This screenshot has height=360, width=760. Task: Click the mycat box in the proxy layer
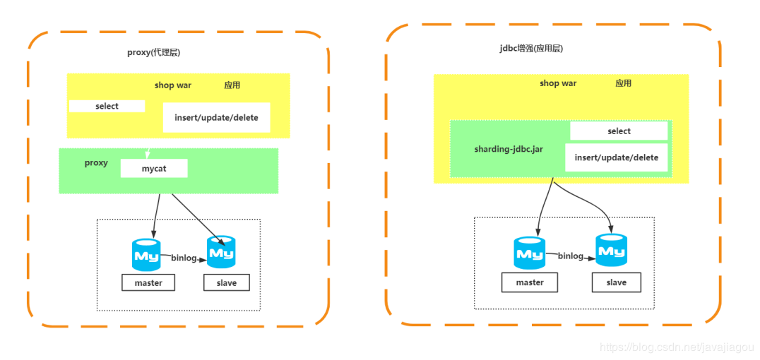pyautogui.click(x=154, y=168)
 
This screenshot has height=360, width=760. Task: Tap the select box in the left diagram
pyautogui.click(x=107, y=106)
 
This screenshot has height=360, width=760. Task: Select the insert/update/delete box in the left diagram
pyautogui.click(x=216, y=117)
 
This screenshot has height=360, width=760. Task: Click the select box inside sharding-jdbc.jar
pyautogui.click(x=619, y=131)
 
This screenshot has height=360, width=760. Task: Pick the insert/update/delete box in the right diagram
pyautogui.click(x=616, y=157)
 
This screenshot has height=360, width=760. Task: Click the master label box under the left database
pyautogui.click(x=148, y=282)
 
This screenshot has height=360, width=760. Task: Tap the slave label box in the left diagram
pyautogui.click(x=227, y=282)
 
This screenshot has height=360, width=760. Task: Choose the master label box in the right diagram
pyautogui.click(x=530, y=282)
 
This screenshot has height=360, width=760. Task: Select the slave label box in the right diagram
pyautogui.click(x=616, y=282)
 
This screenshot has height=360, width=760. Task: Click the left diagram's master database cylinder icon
pyautogui.click(x=146, y=254)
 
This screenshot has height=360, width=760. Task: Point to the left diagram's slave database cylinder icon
pyautogui.click(x=221, y=252)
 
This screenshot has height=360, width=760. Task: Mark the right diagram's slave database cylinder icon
pyautogui.click(x=611, y=250)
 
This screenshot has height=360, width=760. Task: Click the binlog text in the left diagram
pyautogui.click(x=184, y=258)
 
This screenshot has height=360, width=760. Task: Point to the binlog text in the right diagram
pyautogui.click(x=571, y=256)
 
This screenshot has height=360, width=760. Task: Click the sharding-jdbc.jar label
pyautogui.click(x=509, y=150)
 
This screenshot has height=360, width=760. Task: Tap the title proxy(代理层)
pyautogui.click(x=155, y=53)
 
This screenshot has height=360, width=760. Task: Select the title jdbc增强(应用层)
pyautogui.click(x=530, y=49)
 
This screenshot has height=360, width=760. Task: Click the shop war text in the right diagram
pyautogui.click(x=558, y=83)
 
